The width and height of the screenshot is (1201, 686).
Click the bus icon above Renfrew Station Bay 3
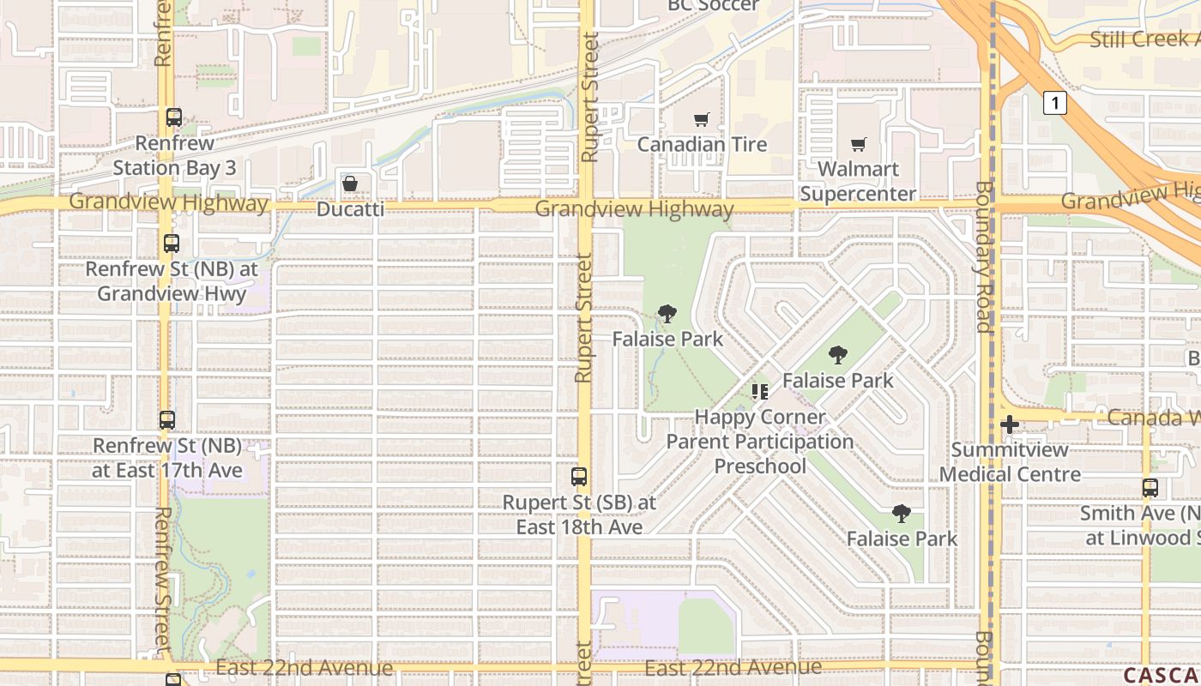tap(174, 117)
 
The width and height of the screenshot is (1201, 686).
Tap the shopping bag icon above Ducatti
tap(350, 184)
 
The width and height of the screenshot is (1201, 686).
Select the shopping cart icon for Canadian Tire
tap(702, 120)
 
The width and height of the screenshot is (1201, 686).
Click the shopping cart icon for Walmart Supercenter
tap(858, 145)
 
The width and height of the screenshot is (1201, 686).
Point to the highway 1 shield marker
tap(1054, 104)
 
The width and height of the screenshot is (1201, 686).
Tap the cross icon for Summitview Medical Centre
tap(1010, 424)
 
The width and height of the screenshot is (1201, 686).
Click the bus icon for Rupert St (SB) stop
tap(579, 477)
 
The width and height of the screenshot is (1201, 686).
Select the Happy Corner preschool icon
tap(759, 393)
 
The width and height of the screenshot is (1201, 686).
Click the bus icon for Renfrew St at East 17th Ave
tap(167, 421)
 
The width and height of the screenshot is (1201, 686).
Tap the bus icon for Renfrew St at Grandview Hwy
tap(172, 244)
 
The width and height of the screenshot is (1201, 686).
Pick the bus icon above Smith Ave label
tap(1150, 488)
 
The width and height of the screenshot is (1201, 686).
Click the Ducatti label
tap(350, 208)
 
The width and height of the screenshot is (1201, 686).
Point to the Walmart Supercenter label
tap(858, 182)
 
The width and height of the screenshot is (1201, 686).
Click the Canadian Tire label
tap(702, 144)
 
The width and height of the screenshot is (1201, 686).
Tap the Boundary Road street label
tap(984, 257)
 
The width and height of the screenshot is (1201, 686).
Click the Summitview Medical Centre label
tap(1010, 461)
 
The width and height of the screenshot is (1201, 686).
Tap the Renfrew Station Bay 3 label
tap(174, 155)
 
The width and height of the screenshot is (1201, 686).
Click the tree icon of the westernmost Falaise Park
tap(667, 314)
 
